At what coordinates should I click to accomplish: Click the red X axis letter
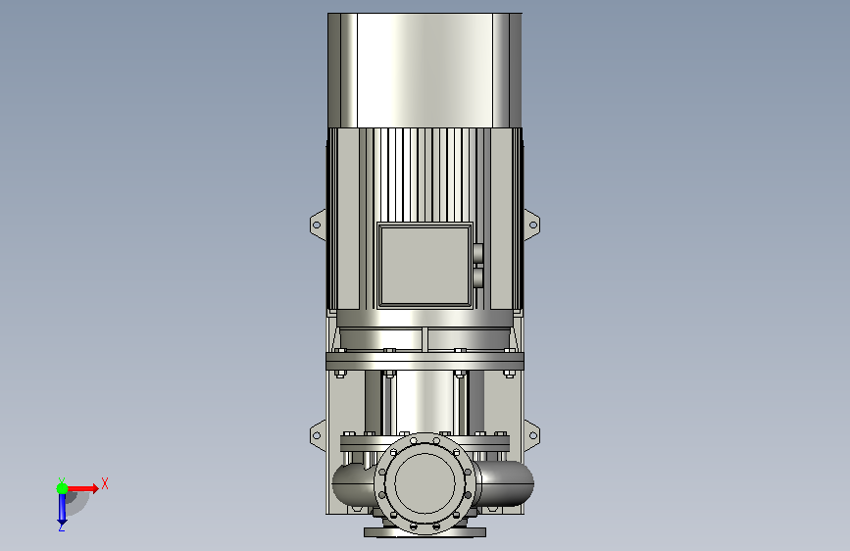pos(105,483)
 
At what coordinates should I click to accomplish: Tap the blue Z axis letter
pos(62,526)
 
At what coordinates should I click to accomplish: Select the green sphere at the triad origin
pos(63,488)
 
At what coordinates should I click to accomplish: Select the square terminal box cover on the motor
pos(425,265)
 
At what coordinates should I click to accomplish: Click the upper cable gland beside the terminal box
pos(478,253)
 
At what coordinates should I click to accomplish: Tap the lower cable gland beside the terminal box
pos(478,277)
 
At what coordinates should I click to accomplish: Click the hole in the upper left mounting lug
pos(317,225)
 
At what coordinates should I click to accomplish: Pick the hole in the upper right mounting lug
pos(533,225)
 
